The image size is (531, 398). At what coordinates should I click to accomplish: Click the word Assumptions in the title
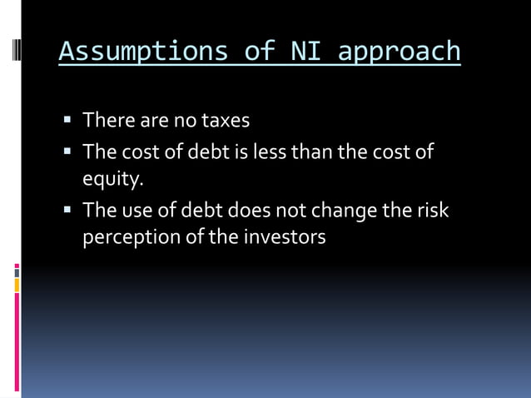(141, 52)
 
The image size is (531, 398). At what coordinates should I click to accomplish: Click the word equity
(112, 179)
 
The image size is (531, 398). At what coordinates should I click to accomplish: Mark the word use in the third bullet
(133, 211)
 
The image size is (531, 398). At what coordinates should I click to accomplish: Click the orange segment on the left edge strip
(16, 286)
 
